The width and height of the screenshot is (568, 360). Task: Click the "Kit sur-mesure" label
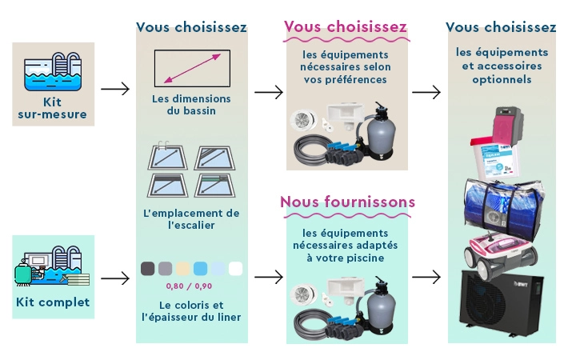pos(53,108)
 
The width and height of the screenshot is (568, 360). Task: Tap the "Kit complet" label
pos(53,302)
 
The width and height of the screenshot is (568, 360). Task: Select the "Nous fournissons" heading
pos(347,202)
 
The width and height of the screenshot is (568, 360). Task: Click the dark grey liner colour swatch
pos(147,269)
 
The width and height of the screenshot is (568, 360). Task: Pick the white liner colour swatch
pos(235,269)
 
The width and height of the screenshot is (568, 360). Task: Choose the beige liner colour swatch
pos(182,269)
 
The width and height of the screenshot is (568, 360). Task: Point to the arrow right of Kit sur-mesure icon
pos(115,89)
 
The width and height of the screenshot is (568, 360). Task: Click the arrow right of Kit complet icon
pos(115,279)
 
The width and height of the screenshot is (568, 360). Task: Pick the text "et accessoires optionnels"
pos(501,73)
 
